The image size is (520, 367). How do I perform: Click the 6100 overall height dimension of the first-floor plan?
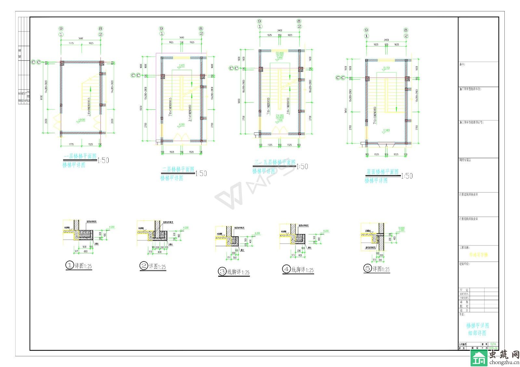[x=41, y=97]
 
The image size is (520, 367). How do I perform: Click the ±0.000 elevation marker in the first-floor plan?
[x=81, y=120]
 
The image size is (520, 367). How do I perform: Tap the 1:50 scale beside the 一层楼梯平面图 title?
[x=103, y=160]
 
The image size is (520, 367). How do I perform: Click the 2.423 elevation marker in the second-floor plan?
[x=181, y=66]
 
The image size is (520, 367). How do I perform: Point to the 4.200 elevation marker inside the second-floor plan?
[x=181, y=124]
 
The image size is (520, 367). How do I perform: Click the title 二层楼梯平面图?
[x=178, y=170]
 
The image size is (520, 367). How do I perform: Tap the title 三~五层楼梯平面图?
[x=275, y=162]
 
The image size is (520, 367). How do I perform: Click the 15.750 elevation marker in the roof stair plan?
[x=386, y=68]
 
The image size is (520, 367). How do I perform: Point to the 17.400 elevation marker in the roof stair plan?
[x=386, y=130]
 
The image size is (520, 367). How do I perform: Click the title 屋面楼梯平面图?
[x=382, y=171]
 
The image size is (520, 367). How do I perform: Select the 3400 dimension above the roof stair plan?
[x=386, y=40]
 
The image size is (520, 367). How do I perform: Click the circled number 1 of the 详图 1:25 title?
[x=70, y=265]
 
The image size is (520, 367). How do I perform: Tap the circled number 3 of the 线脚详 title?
[x=222, y=271]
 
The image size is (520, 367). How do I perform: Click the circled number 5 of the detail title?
[x=367, y=268]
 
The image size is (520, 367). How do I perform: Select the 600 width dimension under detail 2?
[x=159, y=252]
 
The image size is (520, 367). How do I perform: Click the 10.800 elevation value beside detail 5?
[x=401, y=228]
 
